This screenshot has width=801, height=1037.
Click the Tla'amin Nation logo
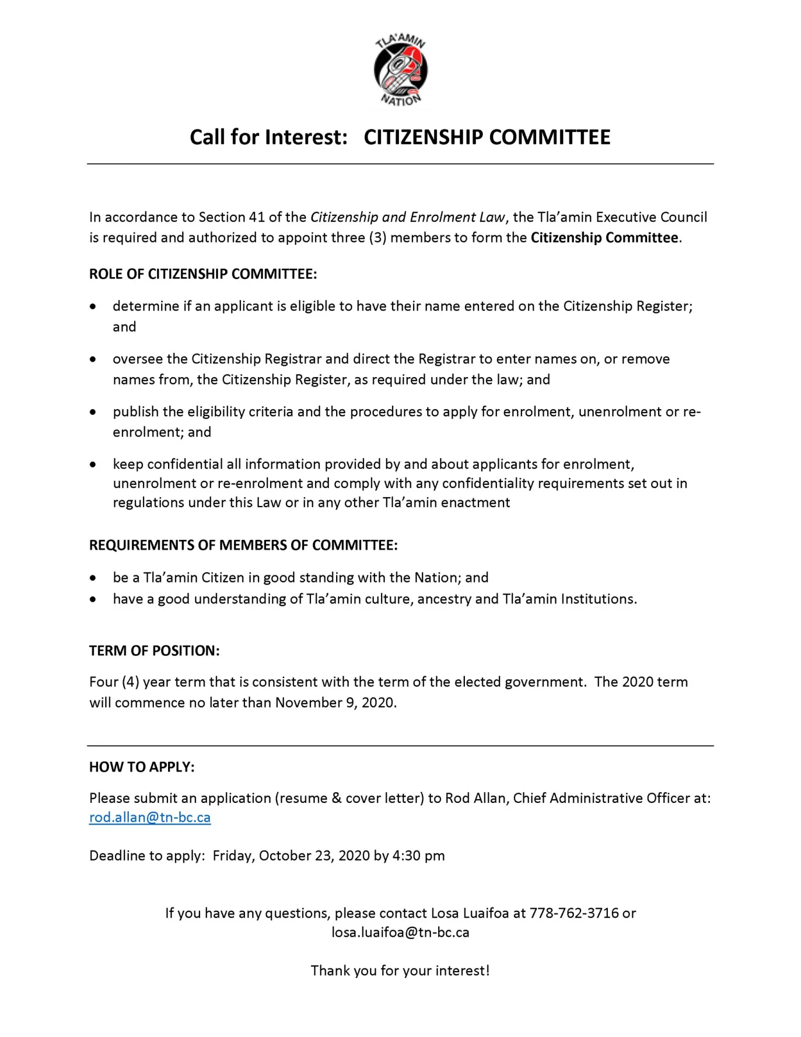click(400, 70)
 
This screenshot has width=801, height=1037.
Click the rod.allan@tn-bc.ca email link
click(150, 818)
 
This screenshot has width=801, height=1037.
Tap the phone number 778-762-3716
click(574, 913)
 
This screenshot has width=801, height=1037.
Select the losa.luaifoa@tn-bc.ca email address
click(400, 932)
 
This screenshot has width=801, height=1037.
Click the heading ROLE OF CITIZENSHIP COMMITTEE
click(203, 274)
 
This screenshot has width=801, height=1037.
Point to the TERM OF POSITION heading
click(154, 650)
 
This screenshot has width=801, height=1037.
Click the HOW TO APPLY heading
click(141, 767)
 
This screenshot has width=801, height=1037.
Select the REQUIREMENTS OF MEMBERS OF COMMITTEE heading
click(243, 545)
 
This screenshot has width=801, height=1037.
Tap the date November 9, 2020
click(335, 702)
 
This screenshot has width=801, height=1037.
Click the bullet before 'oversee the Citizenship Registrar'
click(93, 359)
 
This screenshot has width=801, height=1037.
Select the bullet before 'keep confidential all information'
click(93, 465)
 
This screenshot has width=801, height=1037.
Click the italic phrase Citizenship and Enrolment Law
click(408, 217)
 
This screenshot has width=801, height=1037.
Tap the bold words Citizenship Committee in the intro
click(604, 238)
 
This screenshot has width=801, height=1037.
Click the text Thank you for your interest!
click(400, 970)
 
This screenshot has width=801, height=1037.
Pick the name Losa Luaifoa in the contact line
click(470, 913)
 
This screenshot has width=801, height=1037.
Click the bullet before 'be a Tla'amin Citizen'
click(93, 578)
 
